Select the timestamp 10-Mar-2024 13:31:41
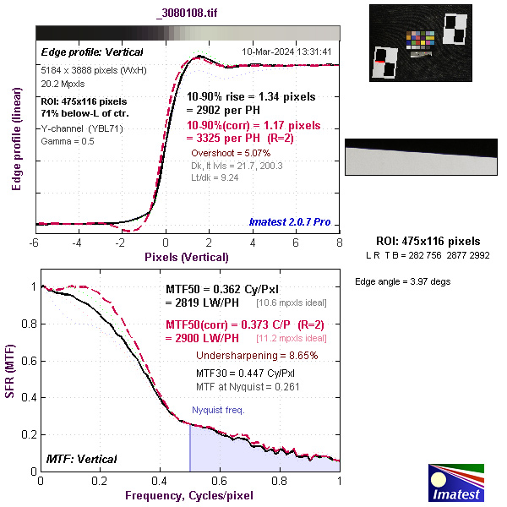(286, 52)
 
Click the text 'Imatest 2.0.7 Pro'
(288, 222)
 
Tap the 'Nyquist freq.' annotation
(218, 410)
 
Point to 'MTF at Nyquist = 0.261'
(248, 386)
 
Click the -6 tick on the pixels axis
(35, 243)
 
